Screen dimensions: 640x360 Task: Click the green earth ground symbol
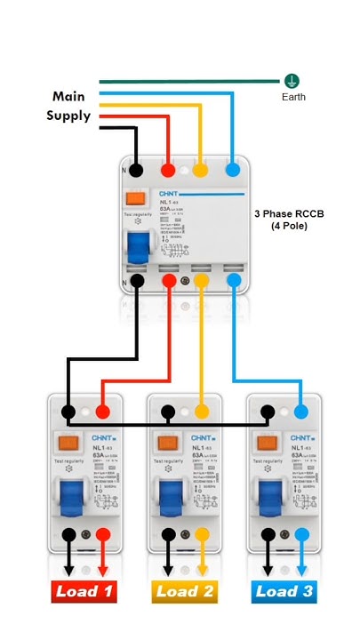point(291,81)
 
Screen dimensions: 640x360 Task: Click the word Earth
point(293,97)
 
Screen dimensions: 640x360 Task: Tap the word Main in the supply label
point(69,96)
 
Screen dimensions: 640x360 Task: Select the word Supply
point(68,116)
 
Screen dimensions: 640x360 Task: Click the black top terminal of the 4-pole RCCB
point(136,169)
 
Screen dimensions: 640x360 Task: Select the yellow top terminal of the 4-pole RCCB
point(202,169)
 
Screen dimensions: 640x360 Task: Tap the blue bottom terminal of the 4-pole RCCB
point(235,281)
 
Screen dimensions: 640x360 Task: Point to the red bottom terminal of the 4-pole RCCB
point(169,281)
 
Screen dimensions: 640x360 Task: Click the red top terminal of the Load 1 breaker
point(102,412)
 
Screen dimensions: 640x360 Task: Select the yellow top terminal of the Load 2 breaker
point(202,412)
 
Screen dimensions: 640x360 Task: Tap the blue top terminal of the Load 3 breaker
point(301,412)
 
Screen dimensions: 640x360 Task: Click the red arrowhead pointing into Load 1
point(102,569)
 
